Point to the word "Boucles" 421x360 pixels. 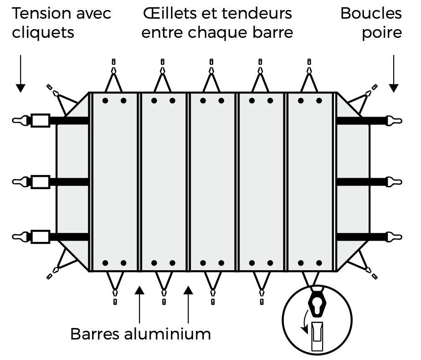click(x=371, y=14)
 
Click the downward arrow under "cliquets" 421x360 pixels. click(x=21, y=73)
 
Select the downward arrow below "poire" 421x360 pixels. click(x=394, y=73)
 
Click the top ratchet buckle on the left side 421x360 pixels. click(x=40, y=120)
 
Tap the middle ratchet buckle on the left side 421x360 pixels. click(x=40, y=182)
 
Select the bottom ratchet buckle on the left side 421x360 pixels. click(x=40, y=237)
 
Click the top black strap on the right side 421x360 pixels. click(x=360, y=120)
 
